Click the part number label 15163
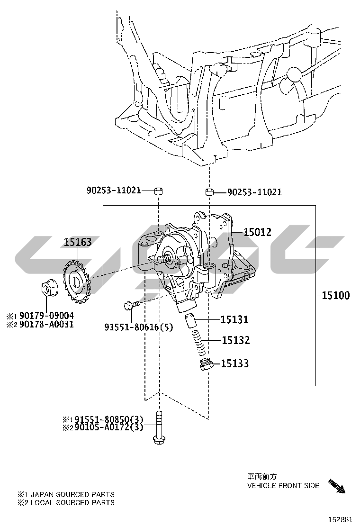click(78, 242)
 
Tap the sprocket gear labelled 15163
click(76, 282)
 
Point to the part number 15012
click(257, 232)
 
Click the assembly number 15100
click(336, 295)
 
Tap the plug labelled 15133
click(206, 364)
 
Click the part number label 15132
click(236, 340)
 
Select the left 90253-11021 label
click(114, 191)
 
